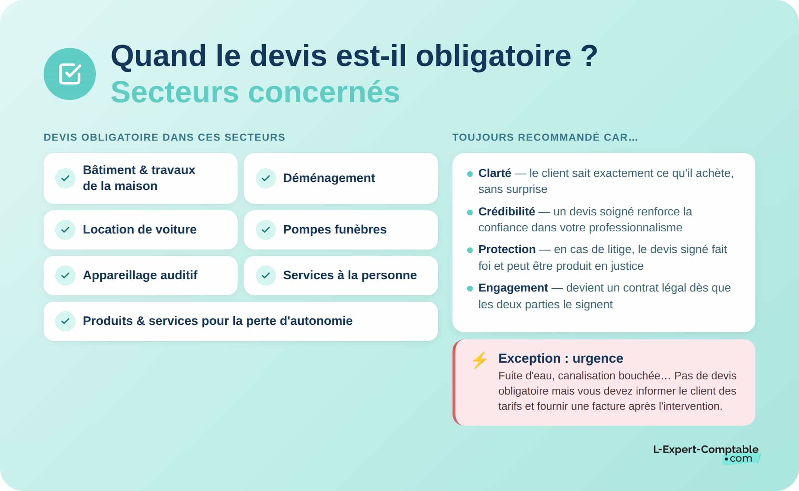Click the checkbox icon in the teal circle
coord(70,74)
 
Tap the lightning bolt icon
coord(479,360)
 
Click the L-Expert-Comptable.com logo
coord(706,453)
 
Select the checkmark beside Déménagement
coord(266,178)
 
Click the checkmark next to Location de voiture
coord(65,230)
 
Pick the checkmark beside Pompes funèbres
coord(266,230)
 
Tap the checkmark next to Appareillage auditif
coord(65,275)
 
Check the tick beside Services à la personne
coord(266,275)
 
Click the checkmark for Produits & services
coord(65,321)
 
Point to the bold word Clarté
coord(494,173)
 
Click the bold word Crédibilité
coord(506,211)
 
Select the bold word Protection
coord(507,249)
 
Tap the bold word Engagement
coord(513,288)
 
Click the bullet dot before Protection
coord(470,250)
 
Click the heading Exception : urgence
coord(560,358)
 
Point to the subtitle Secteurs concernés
coord(255,92)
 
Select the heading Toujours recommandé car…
coord(545,137)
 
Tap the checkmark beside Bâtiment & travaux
coord(65,178)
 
